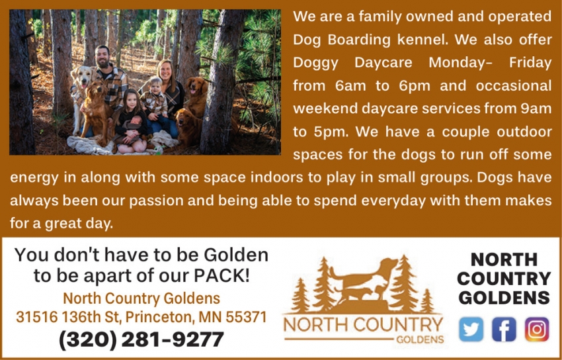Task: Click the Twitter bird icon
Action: (x=471, y=329)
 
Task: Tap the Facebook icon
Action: (x=504, y=329)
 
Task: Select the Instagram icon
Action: (x=537, y=329)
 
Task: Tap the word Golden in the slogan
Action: (x=235, y=255)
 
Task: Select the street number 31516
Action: (x=36, y=317)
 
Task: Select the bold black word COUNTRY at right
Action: (x=504, y=278)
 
